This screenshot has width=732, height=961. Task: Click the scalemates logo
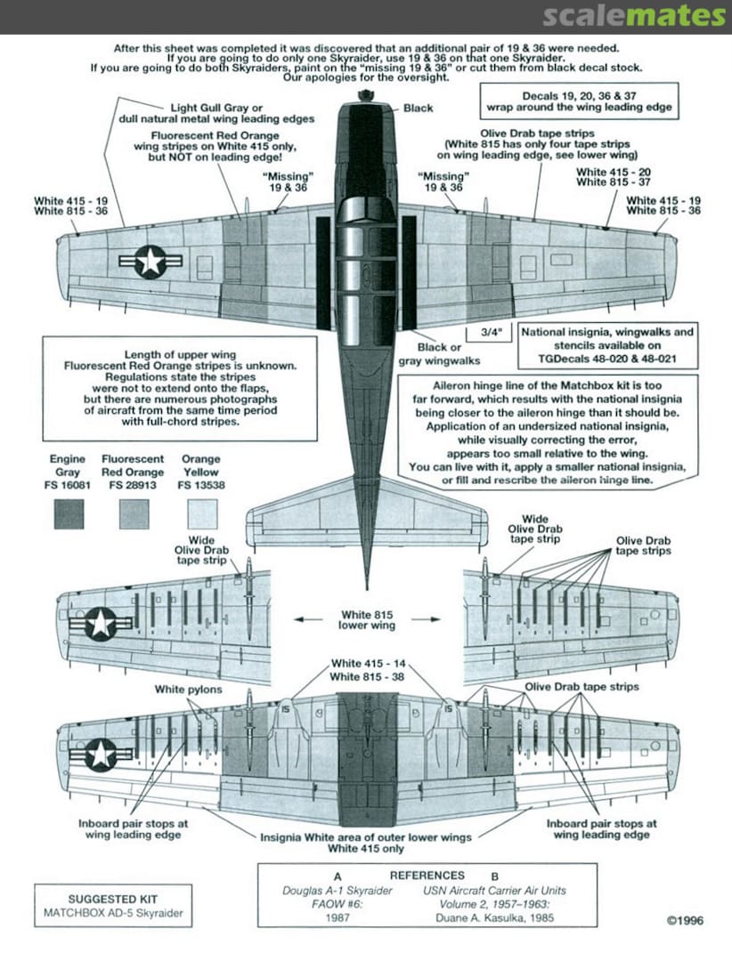point(633,16)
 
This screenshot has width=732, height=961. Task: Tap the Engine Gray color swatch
point(69,513)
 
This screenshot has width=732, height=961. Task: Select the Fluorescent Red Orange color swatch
point(134,513)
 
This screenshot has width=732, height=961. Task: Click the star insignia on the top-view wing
point(150,261)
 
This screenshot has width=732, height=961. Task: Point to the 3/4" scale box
point(491,333)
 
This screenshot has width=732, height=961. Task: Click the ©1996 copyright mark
point(684,920)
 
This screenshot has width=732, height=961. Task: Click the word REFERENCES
point(427,875)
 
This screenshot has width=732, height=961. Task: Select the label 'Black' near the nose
point(418,108)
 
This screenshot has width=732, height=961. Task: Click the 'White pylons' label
point(189,689)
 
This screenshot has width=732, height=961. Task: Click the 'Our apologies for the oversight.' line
point(365,78)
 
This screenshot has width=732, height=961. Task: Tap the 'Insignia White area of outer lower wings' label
point(365,837)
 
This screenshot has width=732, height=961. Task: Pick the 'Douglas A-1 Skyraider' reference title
point(337,891)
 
